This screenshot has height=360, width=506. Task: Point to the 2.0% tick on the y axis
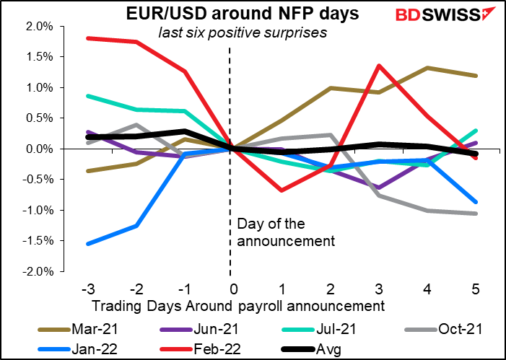[x=40, y=26]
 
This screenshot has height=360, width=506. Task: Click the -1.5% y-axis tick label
[x=39, y=241]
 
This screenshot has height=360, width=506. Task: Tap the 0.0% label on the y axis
[x=40, y=149]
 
